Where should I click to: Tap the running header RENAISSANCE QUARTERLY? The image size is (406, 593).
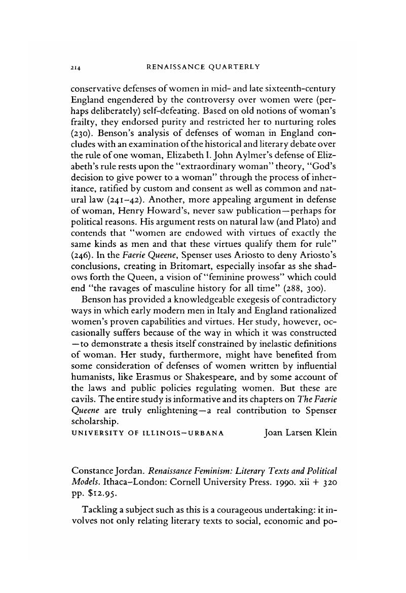pos(203,67)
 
